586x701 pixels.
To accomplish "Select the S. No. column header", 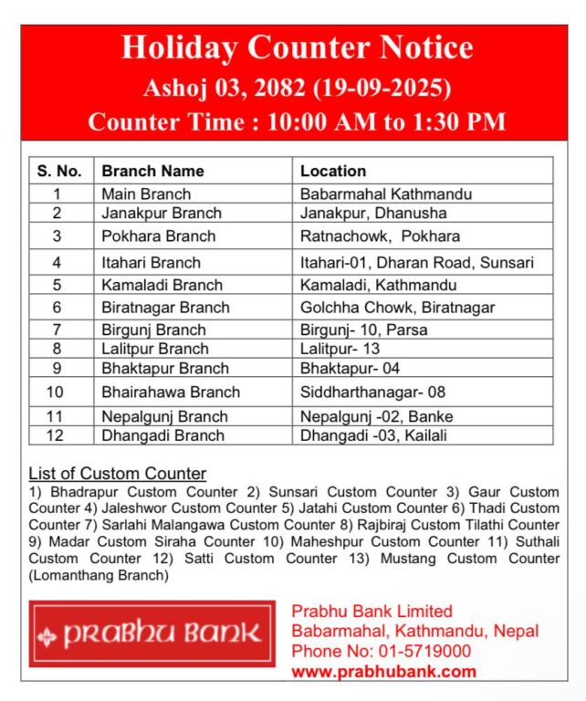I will pyautogui.click(x=60, y=171).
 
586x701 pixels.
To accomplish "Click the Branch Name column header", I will pyautogui.click(x=152, y=171).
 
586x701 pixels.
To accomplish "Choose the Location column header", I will pyautogui.click(x=333, y=171).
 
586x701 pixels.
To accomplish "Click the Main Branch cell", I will pyautogui.click(x=146, y=194).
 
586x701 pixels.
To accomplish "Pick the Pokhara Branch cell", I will pyautogui.click(x=159, y=236).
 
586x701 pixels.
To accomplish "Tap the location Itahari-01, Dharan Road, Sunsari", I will pyautogui.click(x=416, y=263).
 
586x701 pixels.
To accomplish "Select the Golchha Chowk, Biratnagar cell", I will pyautogui.click(x=397, y=308).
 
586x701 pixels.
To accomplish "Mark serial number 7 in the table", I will pyautogui.click(x=57, y=330).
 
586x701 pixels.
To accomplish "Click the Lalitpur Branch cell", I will pyautogui.click(x=155, y=349).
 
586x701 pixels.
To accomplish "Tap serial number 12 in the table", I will pyautogui.click(x=57, y=435).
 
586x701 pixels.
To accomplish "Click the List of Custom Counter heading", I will pyautogui.click(x=118, y=474).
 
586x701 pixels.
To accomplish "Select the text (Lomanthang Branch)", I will pyautogui.click(x=99, y=575).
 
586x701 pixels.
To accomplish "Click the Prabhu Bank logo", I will pyautogui.click(x=152, y=633).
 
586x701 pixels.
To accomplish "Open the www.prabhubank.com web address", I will pyautogui.click(x=383, y=672).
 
